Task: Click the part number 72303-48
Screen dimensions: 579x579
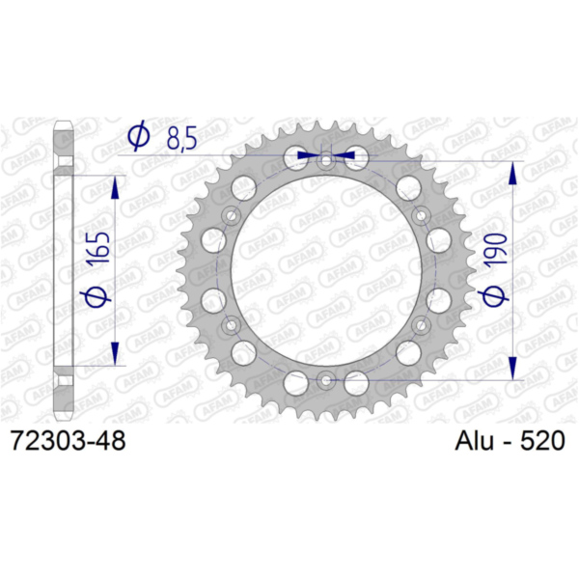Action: [x=69, y=441]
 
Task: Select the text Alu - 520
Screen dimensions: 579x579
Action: [x=510, y=441]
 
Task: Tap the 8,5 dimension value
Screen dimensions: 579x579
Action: [x=181, y=138]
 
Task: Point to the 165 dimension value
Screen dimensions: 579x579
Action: [x=97, y=248]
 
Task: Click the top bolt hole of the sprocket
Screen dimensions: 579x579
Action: [x=326, y=161]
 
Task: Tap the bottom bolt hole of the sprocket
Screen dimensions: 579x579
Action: [x=325, y=380]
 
